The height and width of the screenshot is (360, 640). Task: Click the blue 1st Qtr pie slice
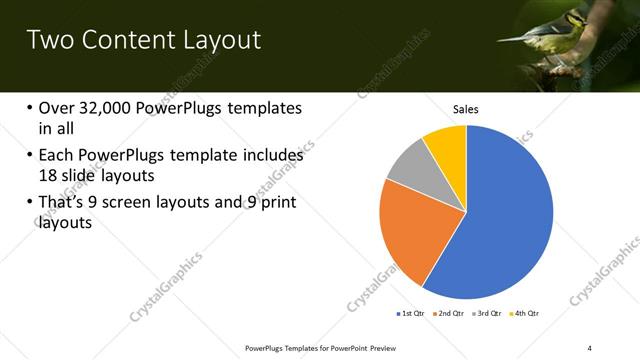click(x=500, y=220)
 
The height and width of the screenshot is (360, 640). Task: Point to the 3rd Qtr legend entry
click(x=488, y=313)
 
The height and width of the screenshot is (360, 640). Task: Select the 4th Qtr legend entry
click(x=526, y=313)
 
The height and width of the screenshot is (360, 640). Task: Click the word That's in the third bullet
click(x=63, y=204)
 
